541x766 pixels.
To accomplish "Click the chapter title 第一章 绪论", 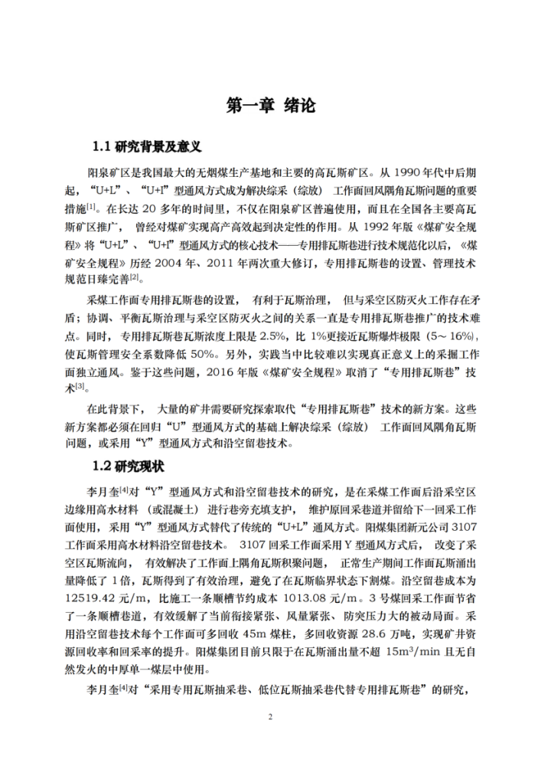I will click(270, 105).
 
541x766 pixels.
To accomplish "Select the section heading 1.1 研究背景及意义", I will click(146, 146).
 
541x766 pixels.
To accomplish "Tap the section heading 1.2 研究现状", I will click(128, 465).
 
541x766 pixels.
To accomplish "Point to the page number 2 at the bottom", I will click(270, 716).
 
